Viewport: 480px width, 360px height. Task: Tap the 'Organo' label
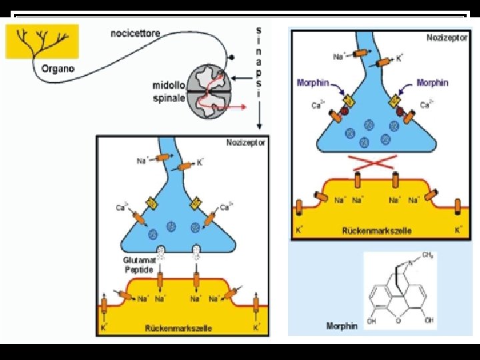(58, 67)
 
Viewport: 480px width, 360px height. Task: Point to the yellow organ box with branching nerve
(42, 41)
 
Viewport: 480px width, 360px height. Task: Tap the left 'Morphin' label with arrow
(313, 83)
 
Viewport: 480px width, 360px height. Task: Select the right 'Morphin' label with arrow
(431, 83)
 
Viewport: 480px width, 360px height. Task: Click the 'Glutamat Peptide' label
(139, 265)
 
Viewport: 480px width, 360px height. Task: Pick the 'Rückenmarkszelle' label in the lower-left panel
(178, 328)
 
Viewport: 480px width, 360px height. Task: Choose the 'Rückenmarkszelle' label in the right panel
(376, 231)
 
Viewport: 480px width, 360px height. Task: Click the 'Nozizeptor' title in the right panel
(446, 37)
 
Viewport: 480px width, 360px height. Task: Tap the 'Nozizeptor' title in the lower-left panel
(246, 143)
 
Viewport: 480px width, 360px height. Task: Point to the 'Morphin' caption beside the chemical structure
(342, 326)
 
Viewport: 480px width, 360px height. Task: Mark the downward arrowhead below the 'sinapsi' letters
(259, 126)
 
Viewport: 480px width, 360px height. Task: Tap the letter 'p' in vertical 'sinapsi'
(259, 74)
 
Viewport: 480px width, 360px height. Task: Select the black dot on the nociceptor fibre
(232, 59)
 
